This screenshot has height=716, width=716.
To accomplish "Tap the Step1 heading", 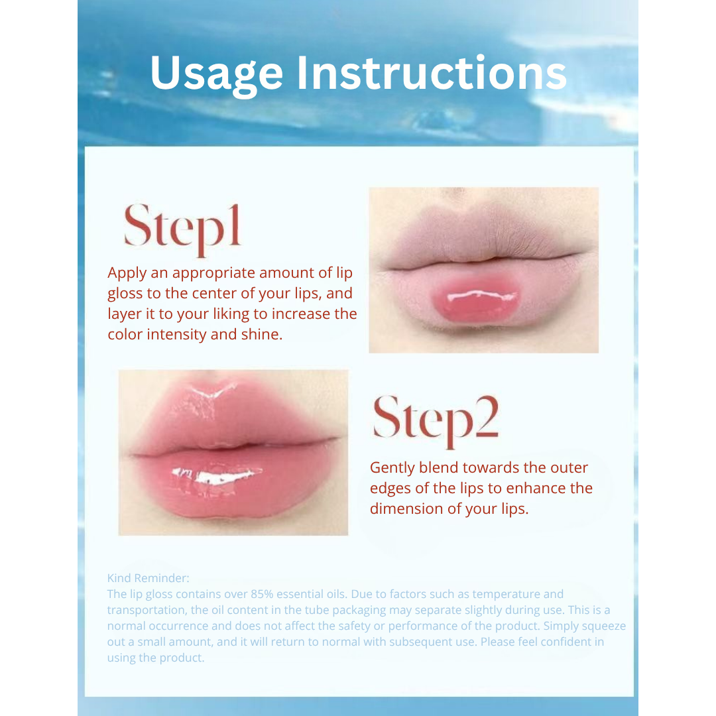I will (182, 227).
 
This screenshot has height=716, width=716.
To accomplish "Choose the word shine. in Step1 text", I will (263, 335).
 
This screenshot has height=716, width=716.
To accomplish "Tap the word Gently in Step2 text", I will (392, 468).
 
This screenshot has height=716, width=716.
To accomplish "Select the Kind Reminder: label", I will (149, 578).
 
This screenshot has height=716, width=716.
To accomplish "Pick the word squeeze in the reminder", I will (602, 626).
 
